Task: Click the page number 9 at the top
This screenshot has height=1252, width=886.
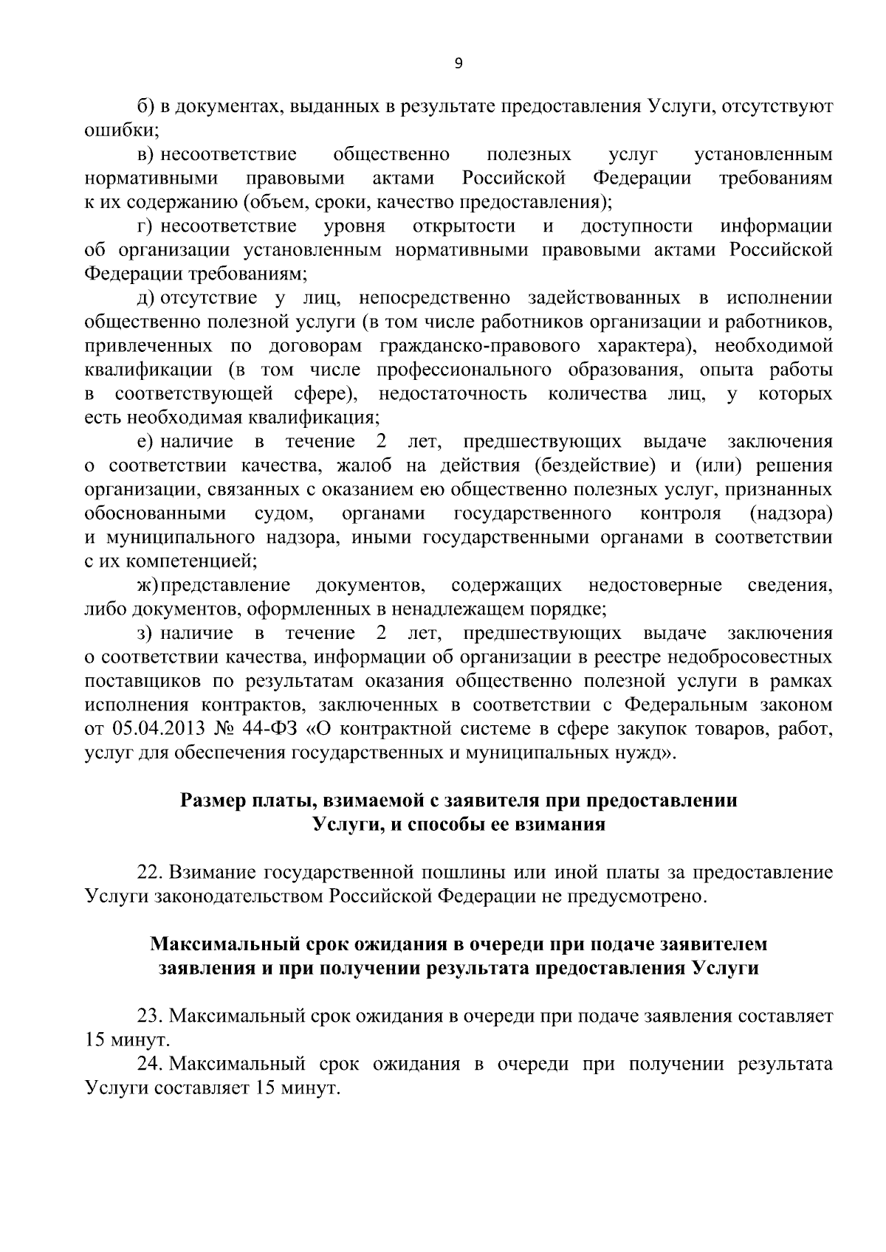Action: click(458, 64)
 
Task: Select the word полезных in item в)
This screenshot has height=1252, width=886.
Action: click(529, 155)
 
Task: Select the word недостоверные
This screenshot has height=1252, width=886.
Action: click(655, 586)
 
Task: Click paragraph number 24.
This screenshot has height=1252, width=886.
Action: click(151, 1065)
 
